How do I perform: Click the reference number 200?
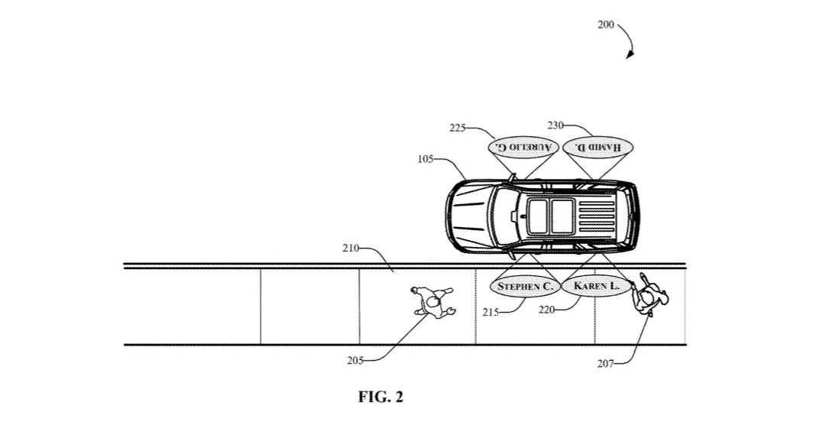point(606,24)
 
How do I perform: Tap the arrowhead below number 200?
point(630,54)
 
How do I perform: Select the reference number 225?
point(458,128)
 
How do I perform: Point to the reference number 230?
point(555,125)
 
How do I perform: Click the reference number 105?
point(425,159)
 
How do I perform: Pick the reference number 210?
point(351,248)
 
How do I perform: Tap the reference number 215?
point(491,312)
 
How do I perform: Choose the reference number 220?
point(546,310)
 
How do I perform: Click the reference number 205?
point(355,360)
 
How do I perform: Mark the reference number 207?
point(605,364)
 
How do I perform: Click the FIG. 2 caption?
point(380,397)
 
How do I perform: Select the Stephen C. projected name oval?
point(525,286)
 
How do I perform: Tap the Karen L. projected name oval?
point(597,286)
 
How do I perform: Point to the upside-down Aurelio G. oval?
point(523,147)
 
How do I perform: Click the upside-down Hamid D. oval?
point(598,147)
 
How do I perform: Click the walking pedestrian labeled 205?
point(433,301)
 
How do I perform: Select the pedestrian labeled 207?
point(648,295)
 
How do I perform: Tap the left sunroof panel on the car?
point(538,216)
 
